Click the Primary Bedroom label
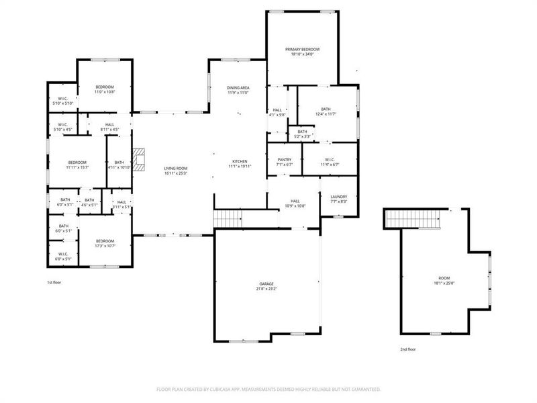(302, 52)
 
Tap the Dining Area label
(238, 90)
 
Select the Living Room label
(176, 171)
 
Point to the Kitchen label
(240, 164)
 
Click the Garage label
(266, 287)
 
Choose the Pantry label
(285, 162)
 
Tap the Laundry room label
(338, 199)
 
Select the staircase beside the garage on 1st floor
(228, 219)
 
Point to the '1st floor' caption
(55, 283)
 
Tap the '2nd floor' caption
(408, 350)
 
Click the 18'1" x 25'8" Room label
(444, 280)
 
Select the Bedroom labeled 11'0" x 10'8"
(104, 89)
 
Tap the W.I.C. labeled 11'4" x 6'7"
(330, 162)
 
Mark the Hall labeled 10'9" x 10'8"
(295, 203)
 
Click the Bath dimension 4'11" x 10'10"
(119, 166)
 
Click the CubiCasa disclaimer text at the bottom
(268, 389)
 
